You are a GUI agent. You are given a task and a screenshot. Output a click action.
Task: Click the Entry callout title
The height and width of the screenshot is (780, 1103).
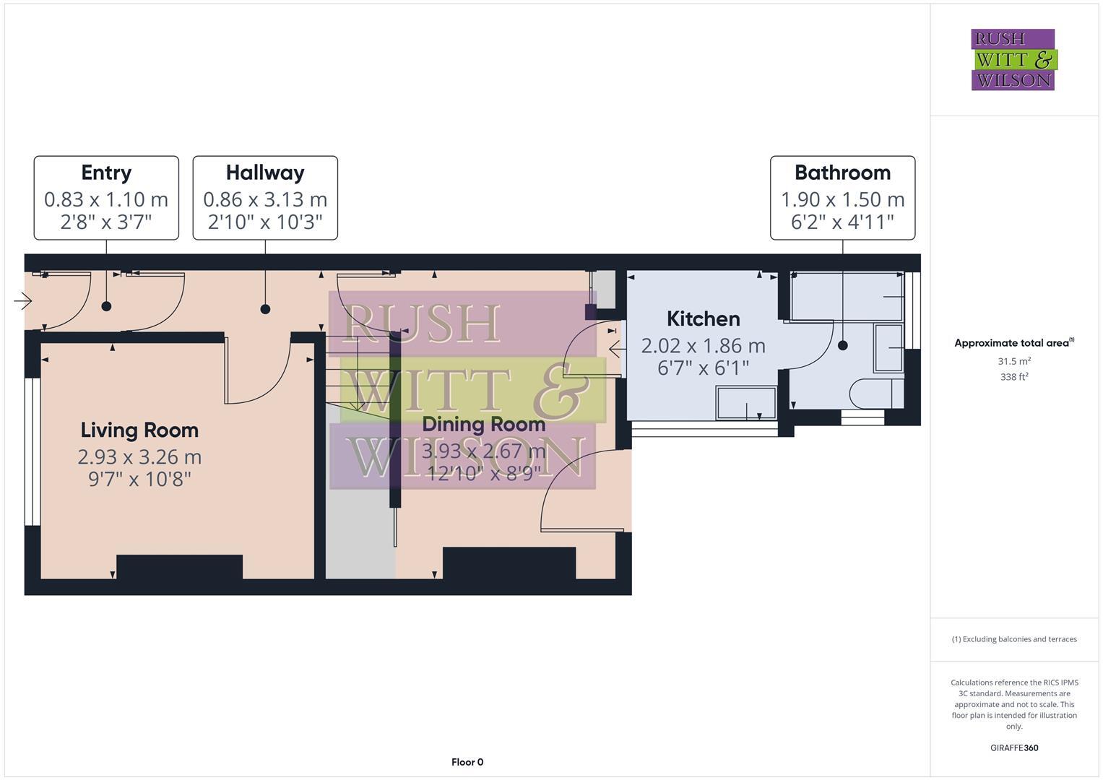[106, 173]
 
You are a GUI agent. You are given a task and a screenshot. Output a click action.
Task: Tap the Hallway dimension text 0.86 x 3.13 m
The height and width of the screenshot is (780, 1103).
[265, 199]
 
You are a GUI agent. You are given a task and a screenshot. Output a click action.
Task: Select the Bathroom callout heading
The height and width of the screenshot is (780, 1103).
[842, 173]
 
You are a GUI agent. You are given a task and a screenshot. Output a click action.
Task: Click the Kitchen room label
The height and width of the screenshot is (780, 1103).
[703, 318]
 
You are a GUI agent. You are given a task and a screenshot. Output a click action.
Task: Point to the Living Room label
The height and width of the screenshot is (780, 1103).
[139, 430]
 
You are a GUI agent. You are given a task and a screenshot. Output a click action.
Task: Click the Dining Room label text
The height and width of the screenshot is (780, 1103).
[483, 425]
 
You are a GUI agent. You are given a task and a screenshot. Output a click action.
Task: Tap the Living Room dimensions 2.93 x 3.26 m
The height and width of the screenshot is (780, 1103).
[139, 457]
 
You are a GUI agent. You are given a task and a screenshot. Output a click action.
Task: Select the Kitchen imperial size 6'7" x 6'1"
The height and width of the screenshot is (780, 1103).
[703, 368]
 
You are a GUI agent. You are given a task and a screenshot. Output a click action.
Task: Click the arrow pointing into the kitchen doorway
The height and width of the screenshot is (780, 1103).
[616, 350]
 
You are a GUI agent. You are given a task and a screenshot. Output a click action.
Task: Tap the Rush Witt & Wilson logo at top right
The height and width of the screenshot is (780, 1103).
[1013, 60]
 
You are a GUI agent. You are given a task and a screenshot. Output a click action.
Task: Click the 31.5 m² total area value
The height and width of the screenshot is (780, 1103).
[1014, 361]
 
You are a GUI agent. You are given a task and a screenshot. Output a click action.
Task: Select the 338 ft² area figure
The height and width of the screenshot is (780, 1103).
[1014, 376]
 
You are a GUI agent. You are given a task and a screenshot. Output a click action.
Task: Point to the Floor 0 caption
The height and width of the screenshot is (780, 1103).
[467, 762]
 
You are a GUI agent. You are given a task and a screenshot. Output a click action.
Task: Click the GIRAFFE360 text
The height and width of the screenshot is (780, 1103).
[1014, 747]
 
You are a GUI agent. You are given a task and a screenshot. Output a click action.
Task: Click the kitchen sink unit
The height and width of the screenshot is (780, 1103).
[746, 403]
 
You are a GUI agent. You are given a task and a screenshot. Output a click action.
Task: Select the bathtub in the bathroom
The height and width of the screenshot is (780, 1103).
[847, 296]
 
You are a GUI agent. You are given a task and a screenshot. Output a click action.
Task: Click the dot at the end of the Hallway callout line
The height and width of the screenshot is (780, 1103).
[265, 309]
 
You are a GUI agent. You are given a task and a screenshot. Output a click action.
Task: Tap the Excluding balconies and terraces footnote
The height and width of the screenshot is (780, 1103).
[1014, 639]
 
